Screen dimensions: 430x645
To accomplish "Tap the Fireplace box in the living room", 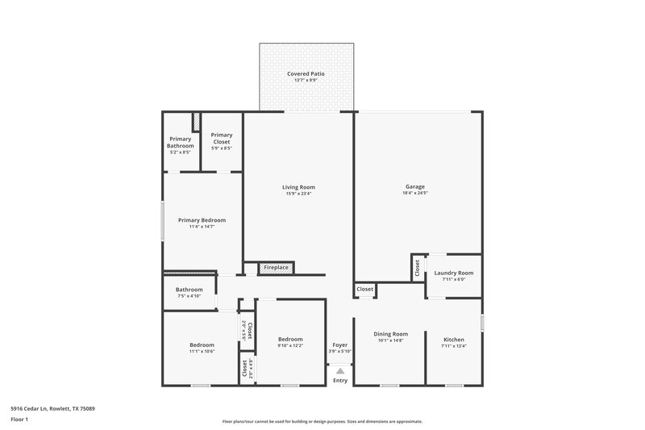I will click(276, 268).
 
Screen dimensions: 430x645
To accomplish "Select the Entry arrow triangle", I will click(340, 370).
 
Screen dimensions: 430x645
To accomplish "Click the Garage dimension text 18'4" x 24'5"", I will click(414, 194).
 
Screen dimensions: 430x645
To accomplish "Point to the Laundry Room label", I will click(453, 273).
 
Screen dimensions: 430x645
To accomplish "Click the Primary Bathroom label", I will click(180, 143).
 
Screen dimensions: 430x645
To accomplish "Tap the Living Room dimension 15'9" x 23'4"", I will click(298, 194).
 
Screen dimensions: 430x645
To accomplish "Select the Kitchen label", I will click(455, 334).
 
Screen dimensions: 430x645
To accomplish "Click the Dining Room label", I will click(390, 334).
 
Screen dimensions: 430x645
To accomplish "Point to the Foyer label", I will click(340, 344).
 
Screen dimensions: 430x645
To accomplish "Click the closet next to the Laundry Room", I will click(417, 269).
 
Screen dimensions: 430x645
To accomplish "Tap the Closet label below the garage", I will click(364, 289).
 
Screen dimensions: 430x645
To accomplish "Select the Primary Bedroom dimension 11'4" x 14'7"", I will click(202, 227).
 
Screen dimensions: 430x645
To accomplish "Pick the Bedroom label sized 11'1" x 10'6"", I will click(202, 345).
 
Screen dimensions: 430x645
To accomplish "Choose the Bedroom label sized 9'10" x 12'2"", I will click(290, 339).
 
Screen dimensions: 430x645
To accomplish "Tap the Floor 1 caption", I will click(19, 420).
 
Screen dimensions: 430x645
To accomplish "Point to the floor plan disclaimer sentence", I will click(322, 421).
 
